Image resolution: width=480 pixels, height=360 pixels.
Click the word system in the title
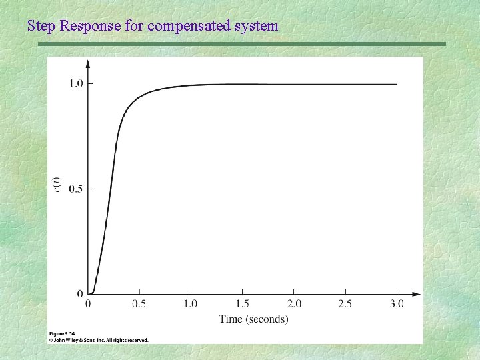tap(256, 27)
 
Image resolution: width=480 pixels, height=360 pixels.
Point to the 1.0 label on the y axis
tap(76, 83)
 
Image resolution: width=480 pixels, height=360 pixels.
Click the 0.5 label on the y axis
tap(76, 189)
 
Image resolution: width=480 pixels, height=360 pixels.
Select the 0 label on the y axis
tap(81, 294)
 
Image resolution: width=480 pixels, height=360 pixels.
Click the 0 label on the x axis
tap(89, 304)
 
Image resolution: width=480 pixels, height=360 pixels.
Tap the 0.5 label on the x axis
tap(139, 304)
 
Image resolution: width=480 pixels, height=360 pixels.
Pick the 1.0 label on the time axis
tap(191, 304)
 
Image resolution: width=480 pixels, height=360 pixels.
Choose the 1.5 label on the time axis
tap(242, 304)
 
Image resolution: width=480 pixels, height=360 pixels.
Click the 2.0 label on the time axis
tap(293, 304)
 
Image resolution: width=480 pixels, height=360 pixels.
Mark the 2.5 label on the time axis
tap(345, 304)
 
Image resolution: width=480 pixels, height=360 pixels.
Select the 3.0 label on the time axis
tap(397, 304)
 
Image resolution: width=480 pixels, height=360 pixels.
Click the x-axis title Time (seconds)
tap(253, 319)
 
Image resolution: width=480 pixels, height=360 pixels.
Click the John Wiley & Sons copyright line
tap(99, 339)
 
